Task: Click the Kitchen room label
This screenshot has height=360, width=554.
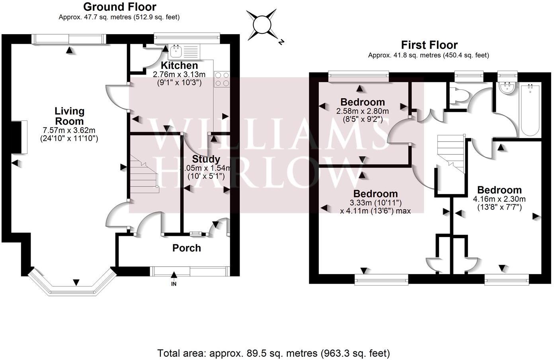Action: [179, 66]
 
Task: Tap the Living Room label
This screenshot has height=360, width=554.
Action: [69, 116]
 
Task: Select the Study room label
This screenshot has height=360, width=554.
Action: [206, 159]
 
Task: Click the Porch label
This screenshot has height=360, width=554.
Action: [186, 248]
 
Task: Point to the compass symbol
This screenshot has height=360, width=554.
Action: [262, 25]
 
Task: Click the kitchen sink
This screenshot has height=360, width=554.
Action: [176, 51]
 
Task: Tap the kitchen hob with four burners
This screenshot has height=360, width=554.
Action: [222, 79]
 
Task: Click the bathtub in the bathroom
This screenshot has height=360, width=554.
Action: [529, 109]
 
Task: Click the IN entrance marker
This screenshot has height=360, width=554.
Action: [174, 284]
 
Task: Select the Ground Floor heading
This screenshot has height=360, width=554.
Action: [119, 7]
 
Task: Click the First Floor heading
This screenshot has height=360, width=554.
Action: [429, 45]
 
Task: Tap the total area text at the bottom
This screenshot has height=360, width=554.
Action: [273, 353]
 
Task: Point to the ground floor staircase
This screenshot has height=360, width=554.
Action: [143, 175]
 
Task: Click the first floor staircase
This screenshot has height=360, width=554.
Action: [451, 153]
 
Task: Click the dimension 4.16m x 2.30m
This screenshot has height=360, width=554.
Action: [499, 199]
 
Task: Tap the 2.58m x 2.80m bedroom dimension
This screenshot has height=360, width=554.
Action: [362, 111]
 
